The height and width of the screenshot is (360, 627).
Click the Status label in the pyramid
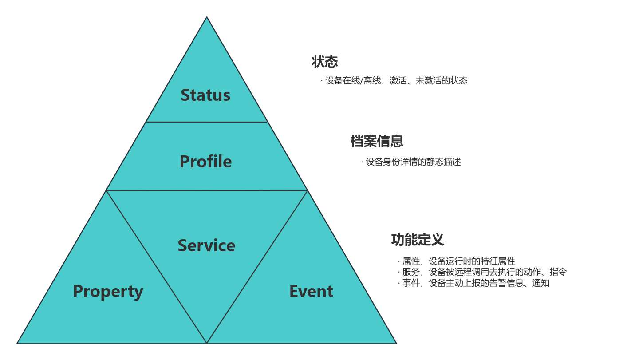(205, 95)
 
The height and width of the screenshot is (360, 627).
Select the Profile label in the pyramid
(205, 162)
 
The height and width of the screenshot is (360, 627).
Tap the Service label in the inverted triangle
(206, 245)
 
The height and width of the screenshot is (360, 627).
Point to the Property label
(108, 292)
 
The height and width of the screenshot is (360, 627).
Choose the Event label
(311, 292)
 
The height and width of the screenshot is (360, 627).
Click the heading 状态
(325, 62)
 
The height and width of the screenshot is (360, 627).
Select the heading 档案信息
(377, 141)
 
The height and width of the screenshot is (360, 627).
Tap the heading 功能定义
(417, 240)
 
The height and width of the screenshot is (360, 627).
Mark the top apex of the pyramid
(207, 17)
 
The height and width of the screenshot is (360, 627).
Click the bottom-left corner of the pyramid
(18, 343)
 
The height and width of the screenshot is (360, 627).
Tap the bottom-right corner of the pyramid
(396, 343)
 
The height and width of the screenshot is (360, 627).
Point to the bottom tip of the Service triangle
(207, 342)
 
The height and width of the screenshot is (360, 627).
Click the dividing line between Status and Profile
(206, 122)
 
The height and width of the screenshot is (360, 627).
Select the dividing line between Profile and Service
(207, 190)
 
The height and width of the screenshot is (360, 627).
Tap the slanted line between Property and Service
(157, 267)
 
